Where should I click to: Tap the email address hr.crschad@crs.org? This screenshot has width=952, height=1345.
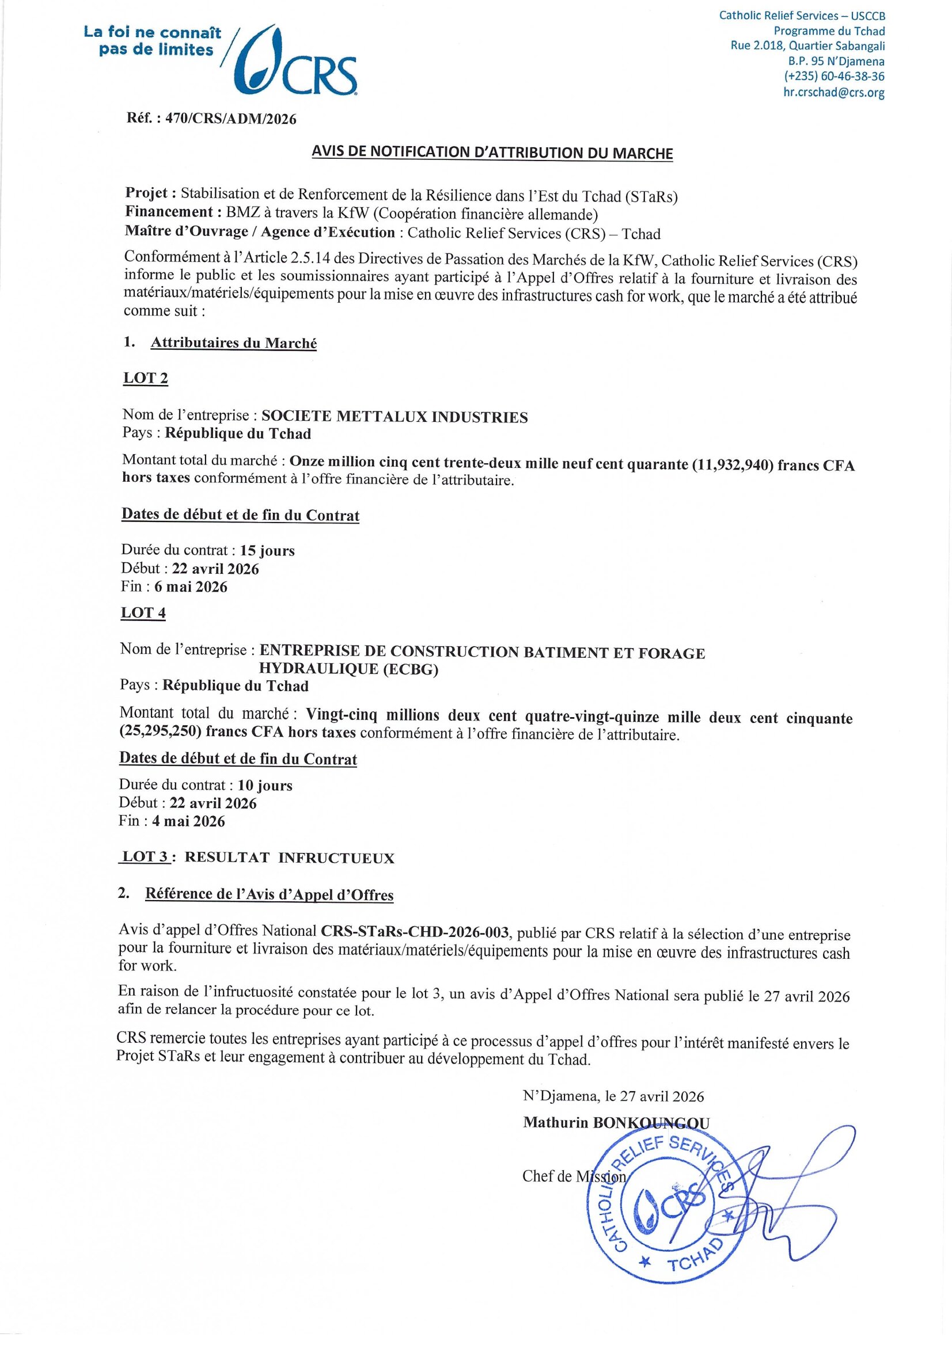coord(833,92)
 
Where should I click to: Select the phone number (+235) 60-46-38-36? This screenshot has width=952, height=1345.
coord(834,76)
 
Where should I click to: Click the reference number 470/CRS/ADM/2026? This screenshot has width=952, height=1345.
coord(231,119)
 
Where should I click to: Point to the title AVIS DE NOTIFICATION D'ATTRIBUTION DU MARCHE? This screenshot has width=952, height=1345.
coord(492,153)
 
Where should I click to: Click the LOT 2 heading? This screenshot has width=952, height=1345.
coord(145,378)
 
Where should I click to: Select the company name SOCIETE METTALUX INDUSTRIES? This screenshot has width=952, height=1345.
coord(394,417)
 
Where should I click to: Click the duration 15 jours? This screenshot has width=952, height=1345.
coord(267,551)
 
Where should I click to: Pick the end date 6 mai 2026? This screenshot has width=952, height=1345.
coord(191,587)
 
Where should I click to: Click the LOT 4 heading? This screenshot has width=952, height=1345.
coord(143,613)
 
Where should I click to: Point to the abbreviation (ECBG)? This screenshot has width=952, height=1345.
coord(410,669)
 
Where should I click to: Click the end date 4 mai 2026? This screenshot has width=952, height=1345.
coord(188,821)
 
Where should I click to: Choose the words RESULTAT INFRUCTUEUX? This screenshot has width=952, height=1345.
coord(290,858)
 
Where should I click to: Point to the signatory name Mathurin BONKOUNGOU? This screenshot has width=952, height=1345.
coord(616,1123)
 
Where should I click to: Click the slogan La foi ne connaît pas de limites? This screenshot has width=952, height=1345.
coord(153,41)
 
